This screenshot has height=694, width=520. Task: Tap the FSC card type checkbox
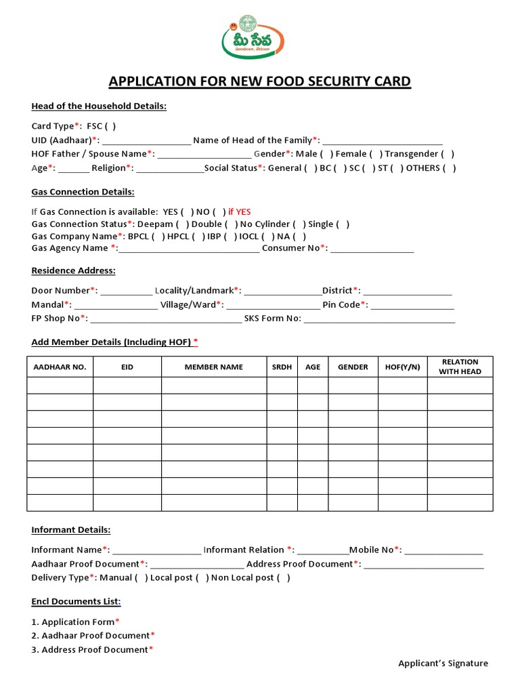tap(110, 126)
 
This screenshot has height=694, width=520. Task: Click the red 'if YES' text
tap(240, 211)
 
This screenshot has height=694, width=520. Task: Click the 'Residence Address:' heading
tap(74, 271)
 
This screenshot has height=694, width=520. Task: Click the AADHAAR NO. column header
tap(60, 367)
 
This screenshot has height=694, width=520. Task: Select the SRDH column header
tap(282, 367)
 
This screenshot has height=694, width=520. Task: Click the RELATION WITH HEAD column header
tap(460, 367)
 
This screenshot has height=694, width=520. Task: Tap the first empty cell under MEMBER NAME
tap(213, 386)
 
